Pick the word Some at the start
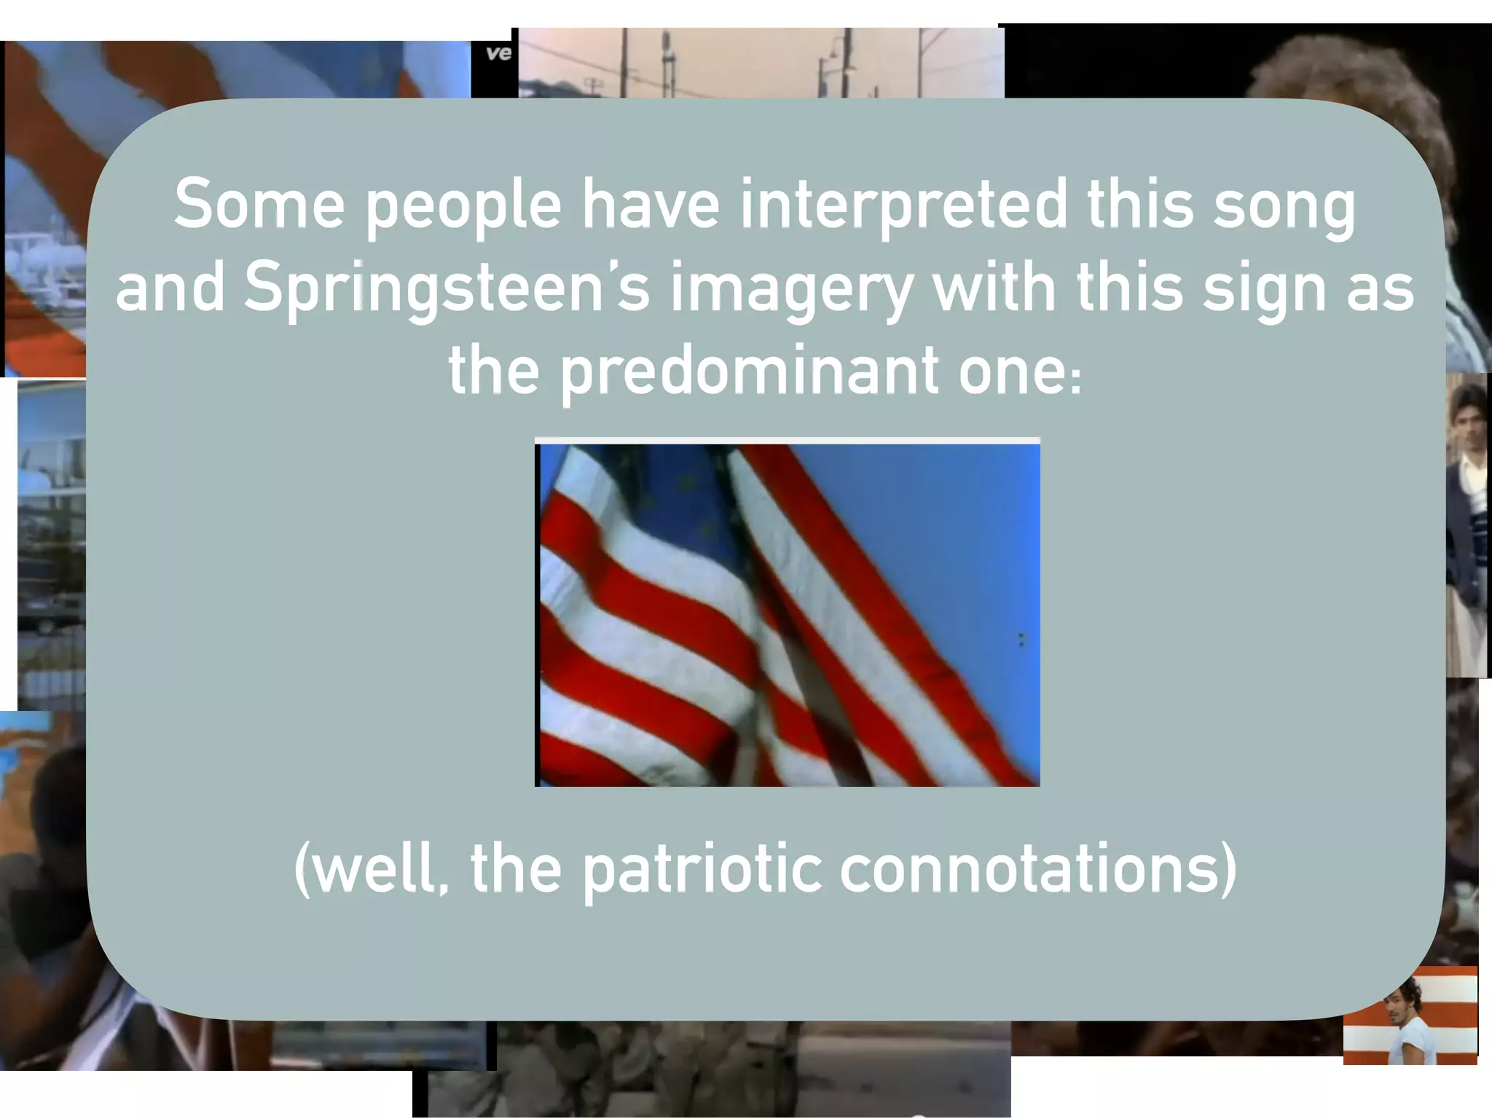[x=259, y=205]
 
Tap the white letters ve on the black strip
[x=498, y=53]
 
